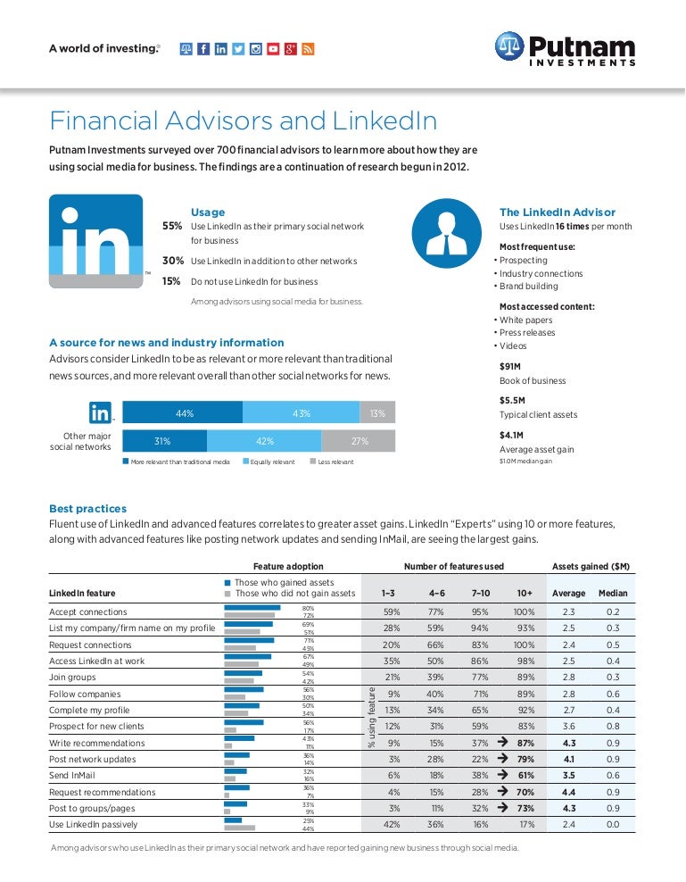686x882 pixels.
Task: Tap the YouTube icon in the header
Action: coord(273,49)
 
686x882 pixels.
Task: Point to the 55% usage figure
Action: coord(172,227)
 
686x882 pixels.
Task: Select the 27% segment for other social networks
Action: coord(359,441)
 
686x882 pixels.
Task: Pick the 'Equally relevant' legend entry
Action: coord(267,462)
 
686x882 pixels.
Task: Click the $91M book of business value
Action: coord(511,366)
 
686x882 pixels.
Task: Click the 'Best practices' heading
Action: coord(88,509)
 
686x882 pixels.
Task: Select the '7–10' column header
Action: coord(480,593)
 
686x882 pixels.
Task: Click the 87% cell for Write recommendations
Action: coord(525,743)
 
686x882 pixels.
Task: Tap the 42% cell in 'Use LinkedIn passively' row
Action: coord(391,825)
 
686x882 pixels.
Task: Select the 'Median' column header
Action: coord(613,593)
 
